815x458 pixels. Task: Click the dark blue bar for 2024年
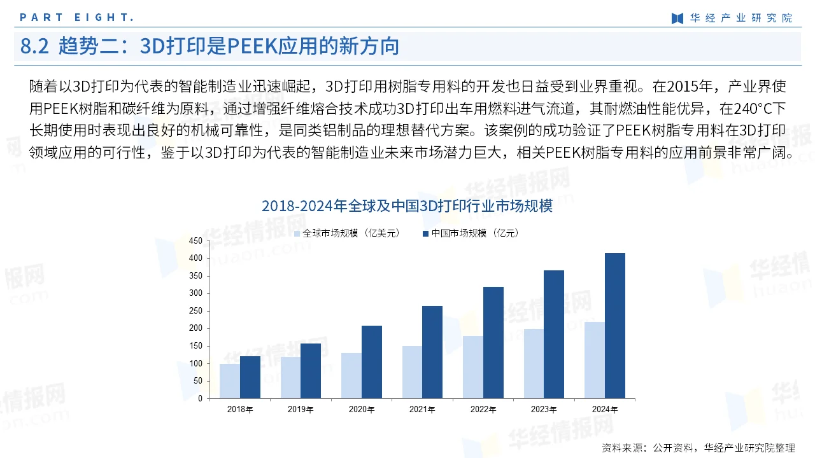(x=615, y=326)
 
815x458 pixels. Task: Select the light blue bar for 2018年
(x=230, y=381)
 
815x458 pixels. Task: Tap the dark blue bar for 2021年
(x=432, y=352)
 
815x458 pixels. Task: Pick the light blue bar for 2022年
(x=473, y=367)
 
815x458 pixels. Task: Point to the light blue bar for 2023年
(x=534, y=363)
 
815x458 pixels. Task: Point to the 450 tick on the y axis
(x=195, y=241)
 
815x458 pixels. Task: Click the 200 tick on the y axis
(x=195, y=329)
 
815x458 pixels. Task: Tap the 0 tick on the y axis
(x=199, y=399)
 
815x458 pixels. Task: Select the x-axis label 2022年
(x=483, y=410)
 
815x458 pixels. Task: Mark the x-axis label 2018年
(x=240, y=410)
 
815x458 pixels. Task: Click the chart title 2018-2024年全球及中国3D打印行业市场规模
(x=407, y=206)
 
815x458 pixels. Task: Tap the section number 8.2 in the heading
(x=35, y=46)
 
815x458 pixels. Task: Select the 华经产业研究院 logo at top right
(x=732, y=18)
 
